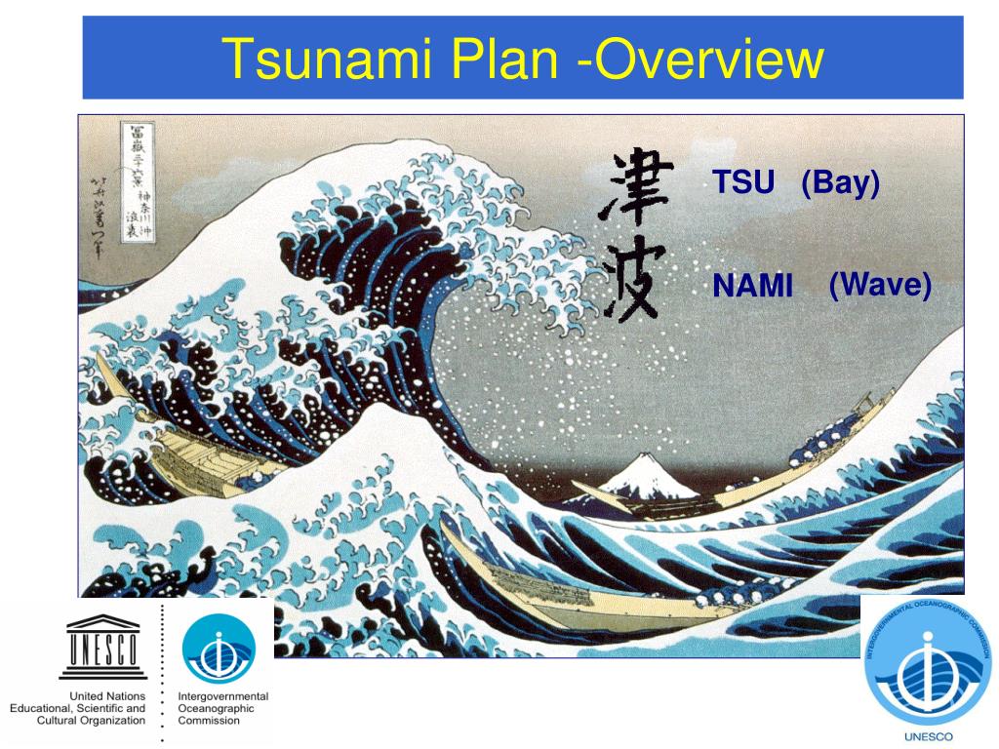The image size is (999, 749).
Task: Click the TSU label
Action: coord(743,182)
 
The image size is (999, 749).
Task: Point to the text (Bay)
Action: coord(841,182)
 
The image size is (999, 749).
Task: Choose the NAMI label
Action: coord(752,287)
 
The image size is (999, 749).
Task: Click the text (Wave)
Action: coord(880,286)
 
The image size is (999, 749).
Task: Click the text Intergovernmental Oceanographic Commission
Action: coord(222,708)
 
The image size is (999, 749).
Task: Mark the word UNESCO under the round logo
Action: coord(929,737)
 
